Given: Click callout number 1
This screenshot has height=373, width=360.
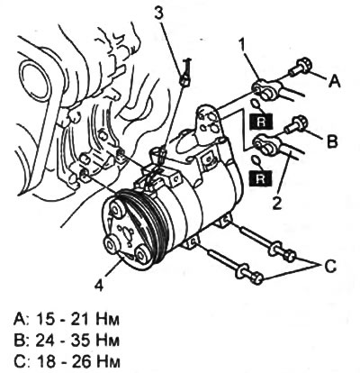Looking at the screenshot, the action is pos(242,46).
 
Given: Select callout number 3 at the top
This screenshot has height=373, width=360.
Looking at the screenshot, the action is pos(159,13).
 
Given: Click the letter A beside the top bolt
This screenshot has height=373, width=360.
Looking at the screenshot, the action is pos(334,80).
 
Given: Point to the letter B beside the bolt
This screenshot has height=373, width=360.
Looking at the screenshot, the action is pos(332,141).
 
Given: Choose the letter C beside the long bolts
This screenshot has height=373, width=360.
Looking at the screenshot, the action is pos(330,266).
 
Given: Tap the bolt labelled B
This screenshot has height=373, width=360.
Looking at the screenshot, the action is pos(295,125).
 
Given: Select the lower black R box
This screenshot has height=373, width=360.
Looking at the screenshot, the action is pos(260,178).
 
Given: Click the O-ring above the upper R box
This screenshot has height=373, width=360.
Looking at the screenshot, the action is pos(256,105).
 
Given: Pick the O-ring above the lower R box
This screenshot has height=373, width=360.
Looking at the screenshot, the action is pos(256,160).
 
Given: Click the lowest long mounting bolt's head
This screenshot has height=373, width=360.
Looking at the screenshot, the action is pos(255,277).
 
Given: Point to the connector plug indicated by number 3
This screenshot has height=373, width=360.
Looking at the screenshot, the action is pos(184,80).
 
